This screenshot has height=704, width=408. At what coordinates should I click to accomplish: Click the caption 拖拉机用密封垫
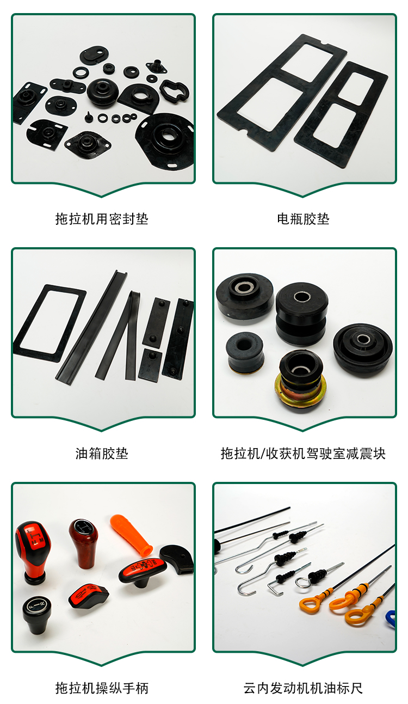click(102, 219)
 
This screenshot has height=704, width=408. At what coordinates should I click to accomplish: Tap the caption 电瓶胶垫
click(303, 219)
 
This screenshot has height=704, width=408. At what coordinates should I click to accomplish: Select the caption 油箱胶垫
click(102, 454)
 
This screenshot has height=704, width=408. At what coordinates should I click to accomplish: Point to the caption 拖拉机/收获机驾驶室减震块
click(303, 454)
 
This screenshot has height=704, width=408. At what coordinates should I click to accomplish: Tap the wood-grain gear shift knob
click(83, 543)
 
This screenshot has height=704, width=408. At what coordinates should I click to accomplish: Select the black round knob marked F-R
click(36, 614)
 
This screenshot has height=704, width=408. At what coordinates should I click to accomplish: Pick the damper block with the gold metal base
click(301, 379)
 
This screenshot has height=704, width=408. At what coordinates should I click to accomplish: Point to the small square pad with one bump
click(150, 363)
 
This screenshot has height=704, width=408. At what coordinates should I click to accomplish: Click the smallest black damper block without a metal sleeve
click(245, 353)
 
